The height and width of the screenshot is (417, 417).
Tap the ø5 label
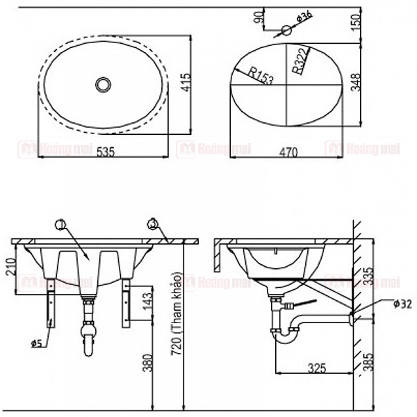click(35, 341)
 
